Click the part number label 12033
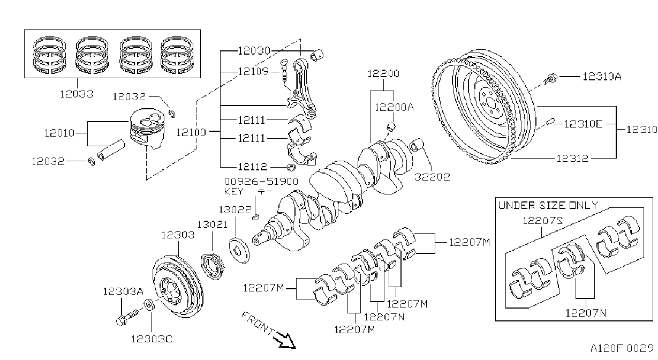tap(77, 94)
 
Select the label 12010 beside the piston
tap(59, 133)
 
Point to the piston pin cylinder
tap(111, 150)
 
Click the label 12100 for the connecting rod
tap(191, 132)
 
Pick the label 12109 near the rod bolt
tap(253, 71)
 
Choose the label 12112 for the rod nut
tap(253, 167)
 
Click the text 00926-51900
tap(261, 181)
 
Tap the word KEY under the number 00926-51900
tap(233, 191)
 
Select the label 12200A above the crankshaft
tap(394, 108)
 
